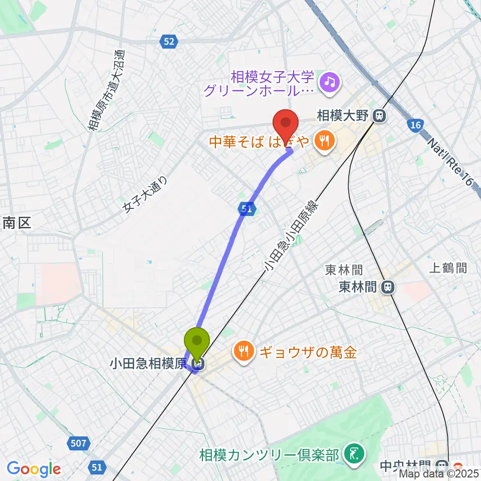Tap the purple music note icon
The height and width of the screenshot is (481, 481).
(330, 80)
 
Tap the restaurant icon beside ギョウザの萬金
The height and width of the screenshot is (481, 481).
(244, 352)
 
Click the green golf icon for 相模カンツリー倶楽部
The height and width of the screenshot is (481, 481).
(354, 454)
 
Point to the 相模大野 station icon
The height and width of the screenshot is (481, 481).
(379, 117)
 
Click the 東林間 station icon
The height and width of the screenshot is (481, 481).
(387, 287)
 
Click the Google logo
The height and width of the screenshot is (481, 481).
(34, 469)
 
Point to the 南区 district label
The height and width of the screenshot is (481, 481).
(17, 223)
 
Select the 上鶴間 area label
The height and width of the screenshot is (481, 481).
(448, 269)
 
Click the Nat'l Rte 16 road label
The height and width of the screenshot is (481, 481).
(450, 163)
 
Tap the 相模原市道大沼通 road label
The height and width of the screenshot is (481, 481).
(106, 90)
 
